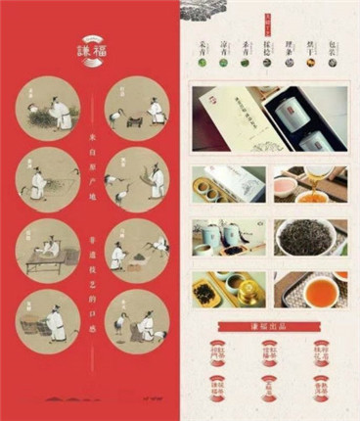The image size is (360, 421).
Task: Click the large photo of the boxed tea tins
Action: (269, 118)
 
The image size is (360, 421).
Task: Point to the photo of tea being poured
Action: (309, 183)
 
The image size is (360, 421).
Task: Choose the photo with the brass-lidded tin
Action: (228, 289)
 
